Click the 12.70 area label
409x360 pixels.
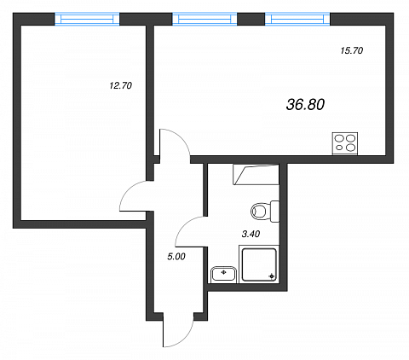click(121, 85)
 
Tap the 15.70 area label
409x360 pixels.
click(352, 50)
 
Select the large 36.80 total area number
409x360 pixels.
click(305, 105)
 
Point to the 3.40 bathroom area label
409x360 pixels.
click(251, 234)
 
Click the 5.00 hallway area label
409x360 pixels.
click(176, 257)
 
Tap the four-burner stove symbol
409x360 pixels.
click(345, 143)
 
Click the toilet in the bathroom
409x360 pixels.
click(265, 211)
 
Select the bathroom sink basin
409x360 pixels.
click(224, 275)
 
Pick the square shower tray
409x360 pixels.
click(259, 264)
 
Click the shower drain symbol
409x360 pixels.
click(272, 276)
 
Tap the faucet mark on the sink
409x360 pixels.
click(223, 272)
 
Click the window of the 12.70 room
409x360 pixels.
click(87, 19)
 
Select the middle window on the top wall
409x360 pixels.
click(204, 19)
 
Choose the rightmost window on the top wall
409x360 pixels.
click(297, 19)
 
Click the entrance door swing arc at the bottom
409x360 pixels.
click(187, 339)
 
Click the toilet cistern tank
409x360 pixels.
click(274, 211)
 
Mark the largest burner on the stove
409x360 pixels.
click(351, 138)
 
